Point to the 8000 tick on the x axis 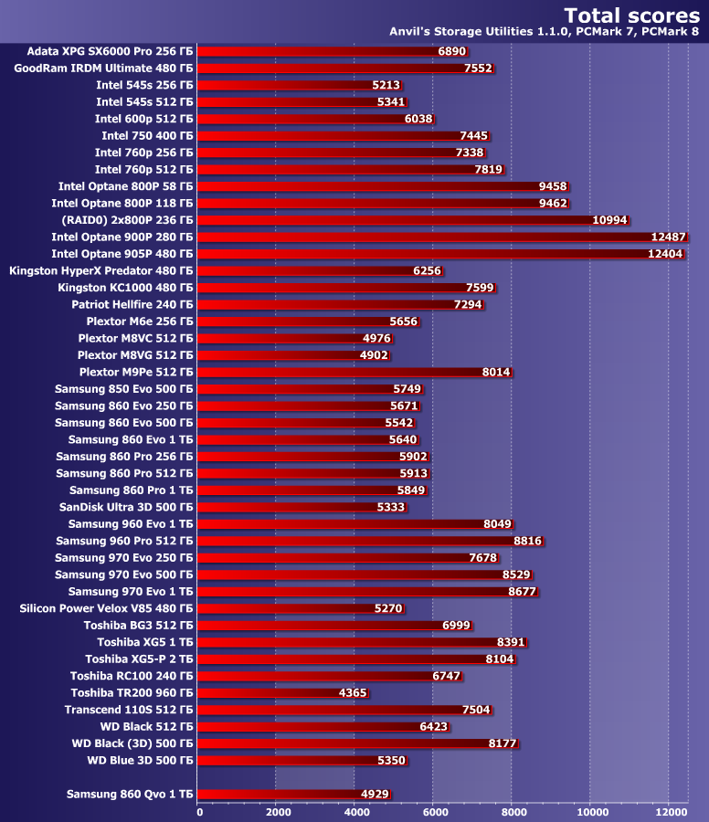pos(513,811)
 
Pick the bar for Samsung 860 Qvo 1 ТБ pos(292,795)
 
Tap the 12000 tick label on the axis pos(671,811)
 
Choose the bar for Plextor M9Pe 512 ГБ pos(352,372)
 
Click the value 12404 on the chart pos(665,254)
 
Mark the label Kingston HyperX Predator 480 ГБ pos(101,270)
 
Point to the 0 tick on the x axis pos(199,811)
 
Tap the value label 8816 pos(528,541)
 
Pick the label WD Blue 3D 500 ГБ pos(140,760)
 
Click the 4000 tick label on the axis pos(356,811)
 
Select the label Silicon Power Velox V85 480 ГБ pos(106,608)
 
